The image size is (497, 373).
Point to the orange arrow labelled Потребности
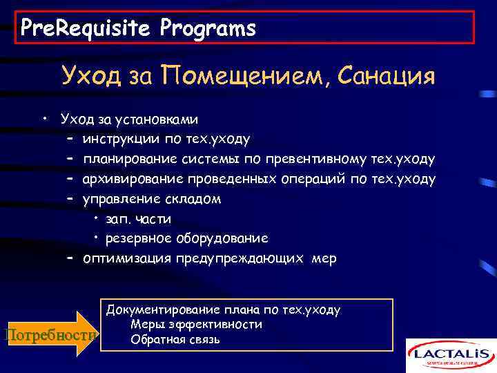click(x=50, y=334)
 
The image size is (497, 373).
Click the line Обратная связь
click(x=175, y=339)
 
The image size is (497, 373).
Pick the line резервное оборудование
click(x=186, y=238)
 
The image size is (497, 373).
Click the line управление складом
click(x=152, y=199)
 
